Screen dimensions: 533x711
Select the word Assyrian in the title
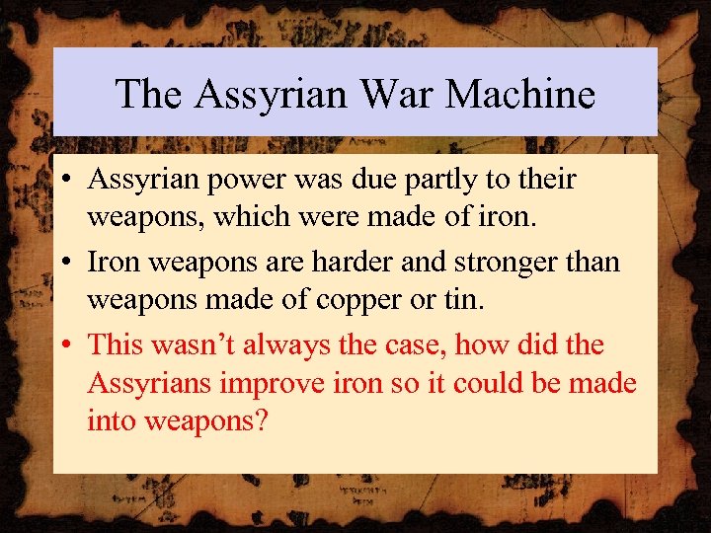pos(271,95)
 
